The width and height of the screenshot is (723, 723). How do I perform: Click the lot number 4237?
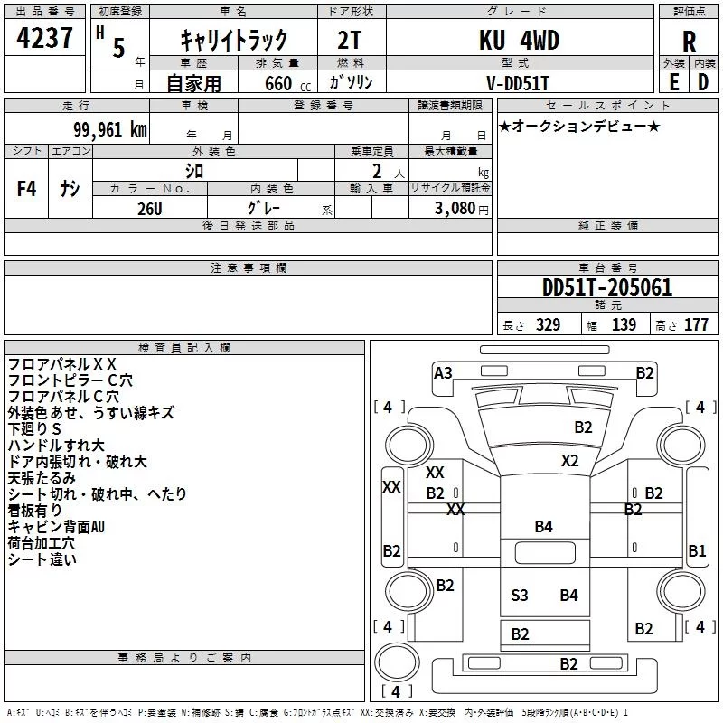[x=45, y=40]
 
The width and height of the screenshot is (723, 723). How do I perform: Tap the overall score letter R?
[x=690, y=42]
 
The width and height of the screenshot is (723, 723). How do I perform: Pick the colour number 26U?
[x=150, y=208]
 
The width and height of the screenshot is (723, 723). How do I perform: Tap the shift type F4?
[x=27, y=189]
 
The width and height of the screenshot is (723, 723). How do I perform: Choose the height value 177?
[x=696, y=325]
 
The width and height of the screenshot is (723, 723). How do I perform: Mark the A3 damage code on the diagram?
[x=443, y=372]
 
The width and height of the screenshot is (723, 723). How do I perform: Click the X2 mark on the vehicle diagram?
[x=569, y=460]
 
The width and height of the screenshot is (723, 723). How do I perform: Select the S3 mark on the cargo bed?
[x=520, y=595]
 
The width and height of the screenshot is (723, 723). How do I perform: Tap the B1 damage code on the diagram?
[x=697, y=549]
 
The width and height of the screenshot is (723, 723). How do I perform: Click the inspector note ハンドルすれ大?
[x=56, y=446]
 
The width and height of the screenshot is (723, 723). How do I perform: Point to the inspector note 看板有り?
[x=35, y=511]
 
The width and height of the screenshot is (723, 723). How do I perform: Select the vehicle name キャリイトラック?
[x=233, y=41]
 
